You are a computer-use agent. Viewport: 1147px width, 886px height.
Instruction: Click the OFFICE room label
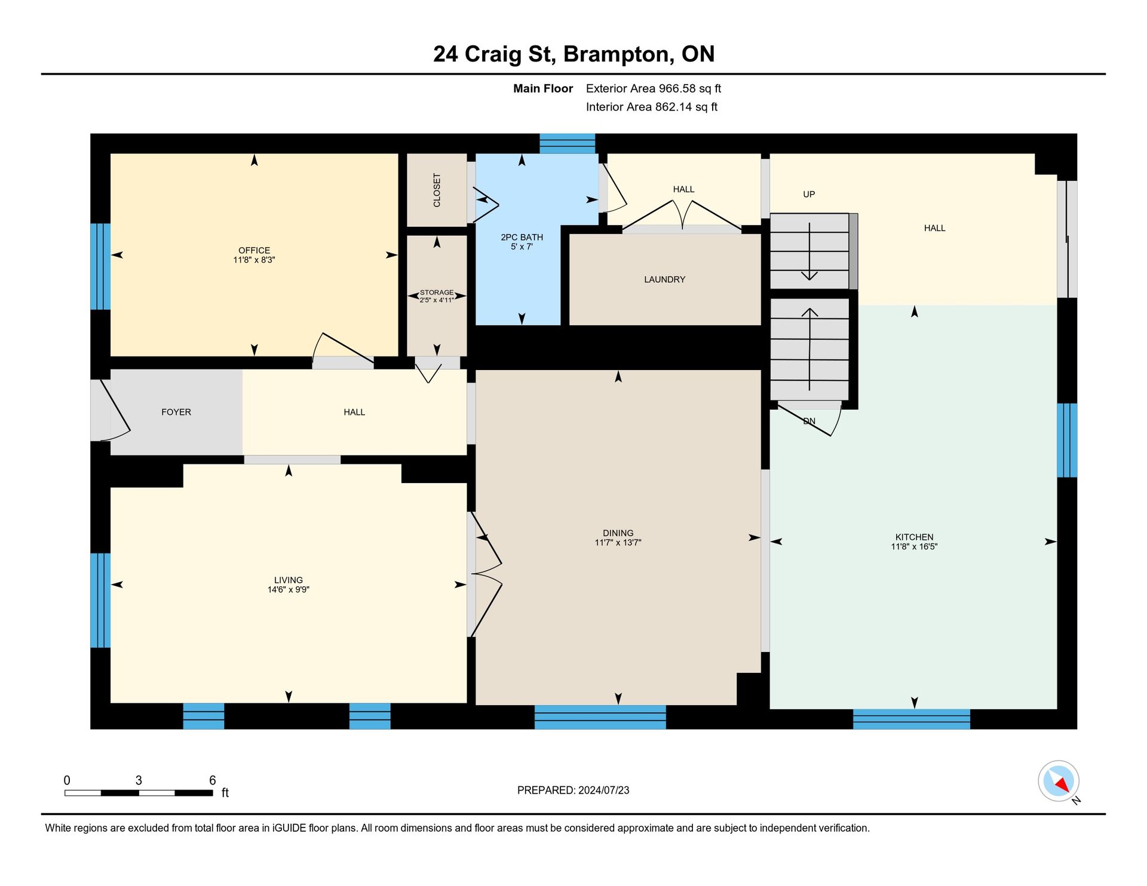254,250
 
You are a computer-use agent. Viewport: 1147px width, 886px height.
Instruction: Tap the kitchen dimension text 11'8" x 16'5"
914,546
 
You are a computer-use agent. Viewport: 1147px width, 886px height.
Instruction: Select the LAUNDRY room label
664,279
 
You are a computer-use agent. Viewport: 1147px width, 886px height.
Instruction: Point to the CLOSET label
437,190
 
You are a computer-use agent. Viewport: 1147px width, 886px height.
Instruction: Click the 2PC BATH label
522,237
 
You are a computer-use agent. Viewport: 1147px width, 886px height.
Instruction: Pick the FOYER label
176,412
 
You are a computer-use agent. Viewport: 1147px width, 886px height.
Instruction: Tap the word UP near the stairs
809,194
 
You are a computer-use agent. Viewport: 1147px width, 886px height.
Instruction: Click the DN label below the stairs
809,421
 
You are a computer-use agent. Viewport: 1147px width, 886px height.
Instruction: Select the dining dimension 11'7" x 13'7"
618,543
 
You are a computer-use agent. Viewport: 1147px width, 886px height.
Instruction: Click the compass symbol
1059,781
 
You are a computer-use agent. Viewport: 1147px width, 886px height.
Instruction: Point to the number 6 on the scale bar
212,780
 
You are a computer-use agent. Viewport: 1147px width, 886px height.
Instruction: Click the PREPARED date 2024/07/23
603,790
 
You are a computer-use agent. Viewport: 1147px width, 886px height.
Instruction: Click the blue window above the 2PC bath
567,143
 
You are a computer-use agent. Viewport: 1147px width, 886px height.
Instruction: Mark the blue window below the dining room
600,717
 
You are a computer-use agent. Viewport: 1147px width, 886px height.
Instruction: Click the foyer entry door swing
114,410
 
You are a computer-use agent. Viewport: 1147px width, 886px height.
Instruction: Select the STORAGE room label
437,293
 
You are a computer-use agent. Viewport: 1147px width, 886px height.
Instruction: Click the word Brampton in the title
618,55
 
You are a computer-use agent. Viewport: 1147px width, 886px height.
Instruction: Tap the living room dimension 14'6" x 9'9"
288,590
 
